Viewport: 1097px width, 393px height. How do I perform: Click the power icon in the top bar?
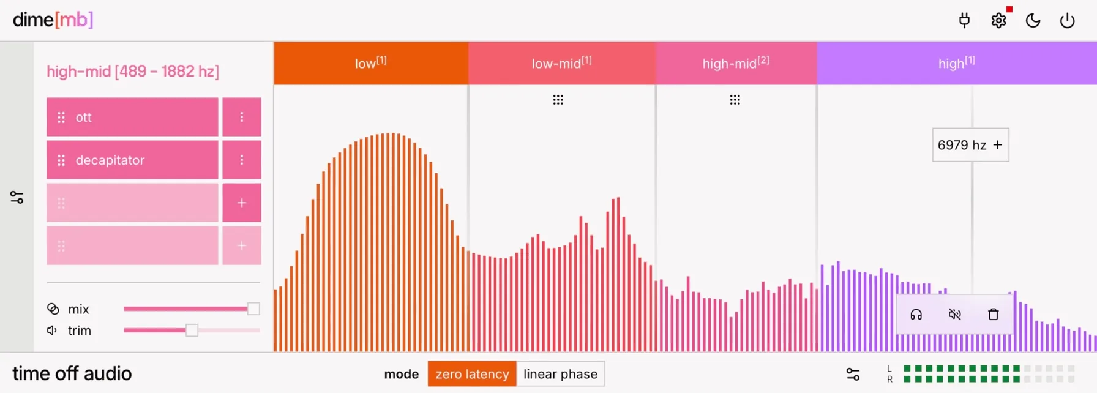pyautogui.click(x=1067, y=20)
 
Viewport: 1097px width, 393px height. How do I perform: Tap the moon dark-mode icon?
pyautogui.click(x=1033, y=20)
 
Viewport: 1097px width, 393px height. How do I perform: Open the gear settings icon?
pyautogui.click(x=998, y=20)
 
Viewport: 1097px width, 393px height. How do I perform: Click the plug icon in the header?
pyautogui.click(x=964, y=20)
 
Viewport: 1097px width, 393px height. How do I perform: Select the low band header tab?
pyautogui.click(x=371, y=63)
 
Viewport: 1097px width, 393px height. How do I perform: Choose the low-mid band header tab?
pyautogui.click(x=562, y=63)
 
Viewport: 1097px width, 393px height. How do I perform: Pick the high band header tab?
pyautogui.click(x=957, y=63)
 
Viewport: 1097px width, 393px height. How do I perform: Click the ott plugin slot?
pyautogui.click(x=132, y=117)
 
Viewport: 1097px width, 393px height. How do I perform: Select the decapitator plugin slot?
pyautogui.click(x=132, y=160)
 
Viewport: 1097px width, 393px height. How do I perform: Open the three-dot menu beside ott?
pyautogui.click(x=242, y=117)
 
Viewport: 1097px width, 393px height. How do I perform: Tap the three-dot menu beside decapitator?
pyautogui.click(x=242, y=160)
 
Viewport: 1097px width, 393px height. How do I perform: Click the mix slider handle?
pyautogui.click(x=253, y=309)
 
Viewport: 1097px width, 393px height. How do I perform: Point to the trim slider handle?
pyautogui.click(x=192, y=331)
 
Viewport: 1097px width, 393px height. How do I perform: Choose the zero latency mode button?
pyautogui.click(x=472, y=374)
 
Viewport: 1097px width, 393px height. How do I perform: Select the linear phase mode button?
pyautogui.click(x=561, y=374)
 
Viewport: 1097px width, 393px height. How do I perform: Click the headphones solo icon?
pyautogui.click(x=916, y=315)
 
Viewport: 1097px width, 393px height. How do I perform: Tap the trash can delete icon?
pyautogui.click(x=994, y=315)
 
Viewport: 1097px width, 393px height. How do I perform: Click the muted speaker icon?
pyautogui.click(x=955, y=315)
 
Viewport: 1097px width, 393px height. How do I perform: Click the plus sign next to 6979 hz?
pyautogui.click(x=998, y=145)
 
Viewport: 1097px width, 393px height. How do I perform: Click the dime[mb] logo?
pyautogui.click(x=53, y=20)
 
